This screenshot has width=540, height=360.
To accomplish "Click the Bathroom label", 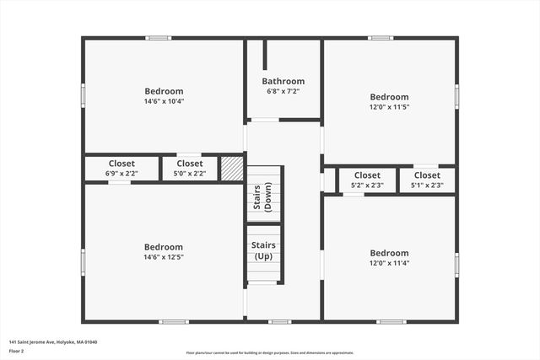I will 283,82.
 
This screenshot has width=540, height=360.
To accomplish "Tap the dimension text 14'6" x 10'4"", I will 164,101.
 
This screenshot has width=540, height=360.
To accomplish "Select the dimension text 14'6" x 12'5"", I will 164,257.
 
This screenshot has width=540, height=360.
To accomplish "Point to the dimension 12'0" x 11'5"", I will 389,107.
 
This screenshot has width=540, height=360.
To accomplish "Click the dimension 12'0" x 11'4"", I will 389,263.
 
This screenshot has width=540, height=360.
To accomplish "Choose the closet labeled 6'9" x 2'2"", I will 121,169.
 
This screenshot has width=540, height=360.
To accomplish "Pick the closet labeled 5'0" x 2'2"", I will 190,169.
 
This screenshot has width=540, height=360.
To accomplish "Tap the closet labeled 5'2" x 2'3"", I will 367,180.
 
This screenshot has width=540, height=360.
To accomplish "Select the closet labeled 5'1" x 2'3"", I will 427,180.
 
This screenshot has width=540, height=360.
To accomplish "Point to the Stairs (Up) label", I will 263,250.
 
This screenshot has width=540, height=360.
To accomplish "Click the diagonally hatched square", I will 232,168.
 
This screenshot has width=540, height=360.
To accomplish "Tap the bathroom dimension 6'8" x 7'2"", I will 283,91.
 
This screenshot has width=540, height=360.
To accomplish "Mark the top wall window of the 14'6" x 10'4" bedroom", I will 159,38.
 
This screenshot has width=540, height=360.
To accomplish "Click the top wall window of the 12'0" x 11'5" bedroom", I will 381,38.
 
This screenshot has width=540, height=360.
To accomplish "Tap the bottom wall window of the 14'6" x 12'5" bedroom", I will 173,321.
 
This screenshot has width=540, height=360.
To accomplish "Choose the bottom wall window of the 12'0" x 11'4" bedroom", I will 391,321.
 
